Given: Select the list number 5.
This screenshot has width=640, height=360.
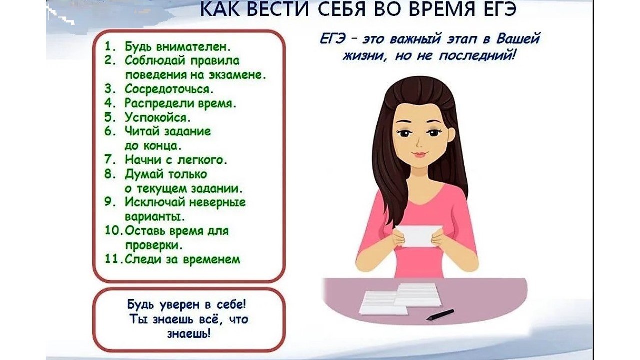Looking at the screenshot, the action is coord(109,117).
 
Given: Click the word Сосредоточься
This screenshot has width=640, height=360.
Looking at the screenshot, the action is coord(169,89).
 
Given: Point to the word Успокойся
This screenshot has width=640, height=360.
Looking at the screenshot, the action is coord(157,117).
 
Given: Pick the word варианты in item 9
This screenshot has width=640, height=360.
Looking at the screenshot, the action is coord(155,216).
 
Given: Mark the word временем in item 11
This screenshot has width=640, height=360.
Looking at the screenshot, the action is coord(211,259).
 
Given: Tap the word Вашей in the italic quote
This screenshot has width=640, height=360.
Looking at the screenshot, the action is coord(518,39).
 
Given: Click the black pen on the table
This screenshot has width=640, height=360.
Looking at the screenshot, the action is coord(440,315).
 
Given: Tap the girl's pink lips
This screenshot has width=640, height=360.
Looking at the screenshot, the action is coord(419,154).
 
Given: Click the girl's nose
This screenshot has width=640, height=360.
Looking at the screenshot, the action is coord(419,143).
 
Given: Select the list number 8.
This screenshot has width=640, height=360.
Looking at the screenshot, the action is coord(109,174).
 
